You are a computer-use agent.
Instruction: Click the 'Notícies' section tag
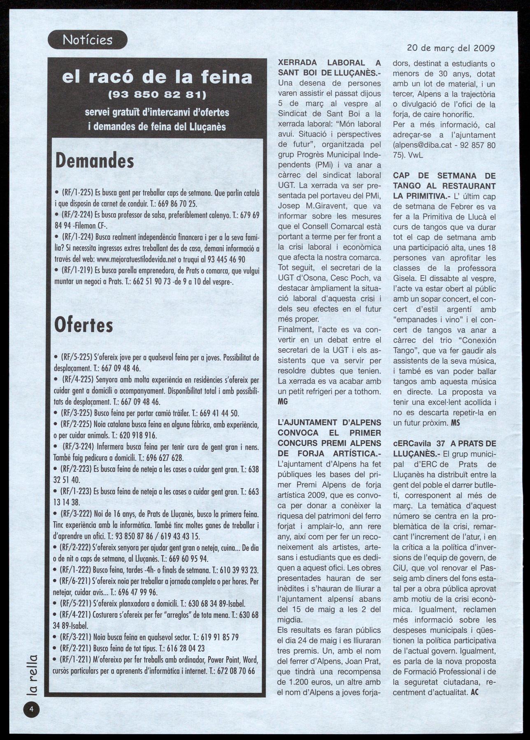[88, 40]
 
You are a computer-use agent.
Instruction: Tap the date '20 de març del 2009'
[451, 48]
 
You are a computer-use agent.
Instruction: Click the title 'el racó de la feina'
[156, 77]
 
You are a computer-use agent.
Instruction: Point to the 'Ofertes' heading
[84, 325]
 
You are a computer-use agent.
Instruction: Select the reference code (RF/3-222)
[78, 515]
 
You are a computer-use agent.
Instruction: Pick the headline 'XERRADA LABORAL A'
[330, 63]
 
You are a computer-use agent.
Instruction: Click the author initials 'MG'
[283, 401]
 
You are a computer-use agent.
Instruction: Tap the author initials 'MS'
[456, 422]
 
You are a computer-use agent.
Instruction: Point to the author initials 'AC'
[474, 692]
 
